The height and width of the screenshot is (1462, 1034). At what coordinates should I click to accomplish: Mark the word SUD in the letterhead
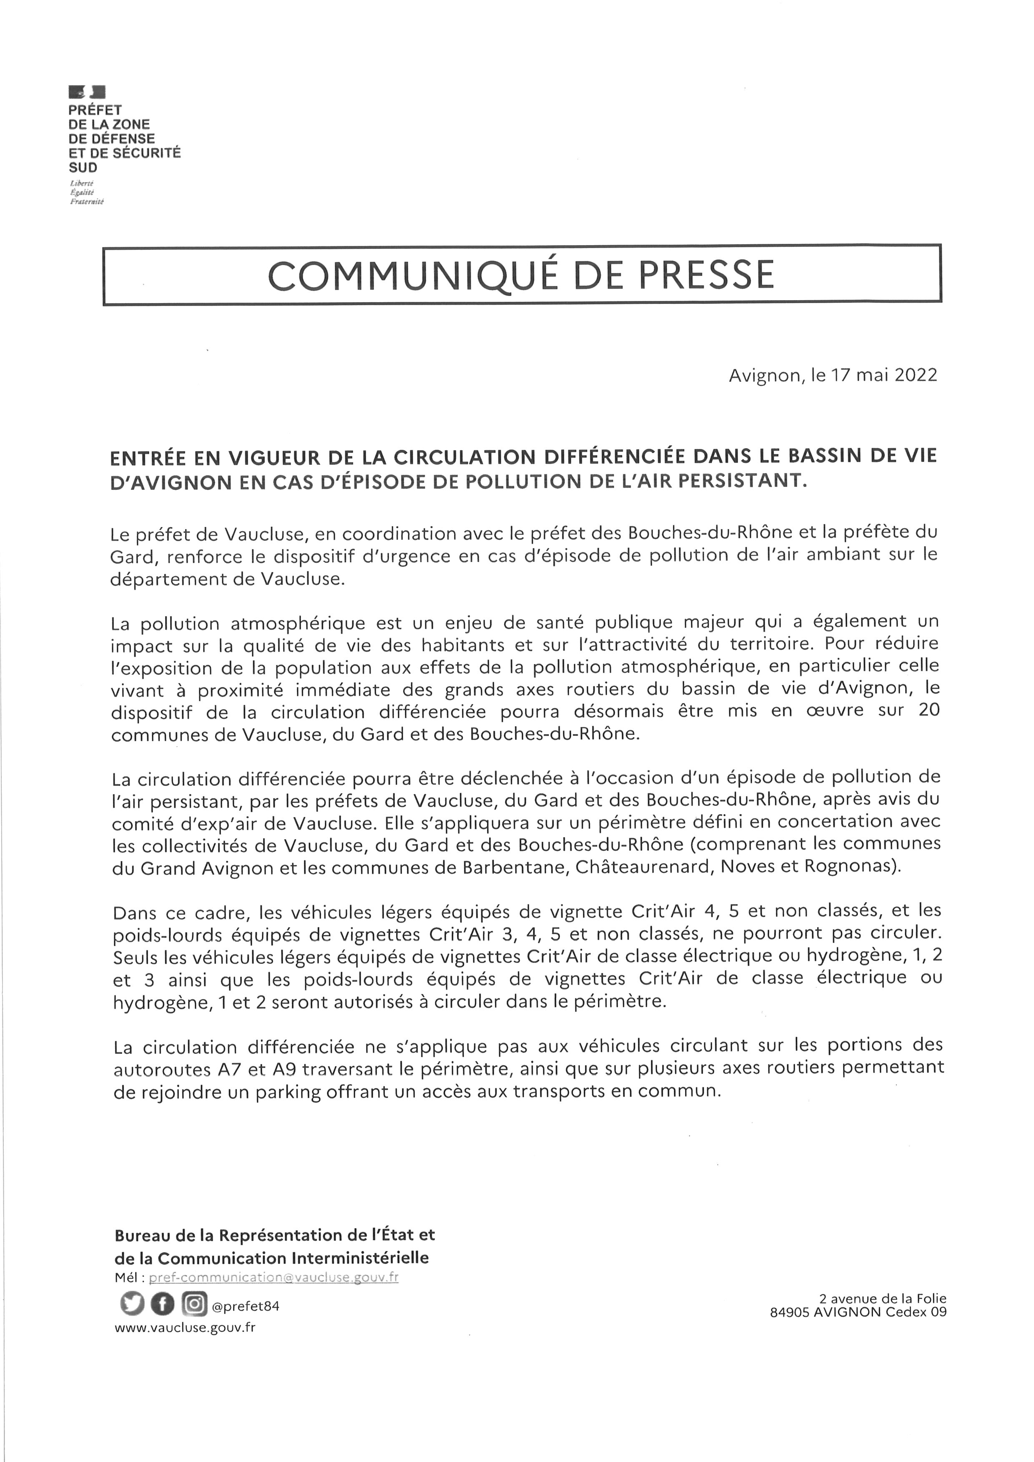click(x=83, y=168)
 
